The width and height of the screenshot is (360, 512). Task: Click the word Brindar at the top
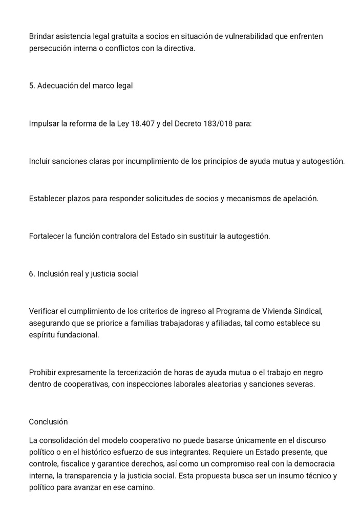pos(42,36)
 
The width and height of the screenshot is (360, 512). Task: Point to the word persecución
pos(50,48)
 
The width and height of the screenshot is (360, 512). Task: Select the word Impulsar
pos(44,123)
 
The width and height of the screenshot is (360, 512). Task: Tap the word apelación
pos(301,199)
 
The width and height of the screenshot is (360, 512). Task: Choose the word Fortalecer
pos(47,237)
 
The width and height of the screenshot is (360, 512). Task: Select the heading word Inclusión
pos(53,274)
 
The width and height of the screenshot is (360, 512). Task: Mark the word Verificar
pos(45,312)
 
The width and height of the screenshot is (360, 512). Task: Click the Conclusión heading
pos(48,422)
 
